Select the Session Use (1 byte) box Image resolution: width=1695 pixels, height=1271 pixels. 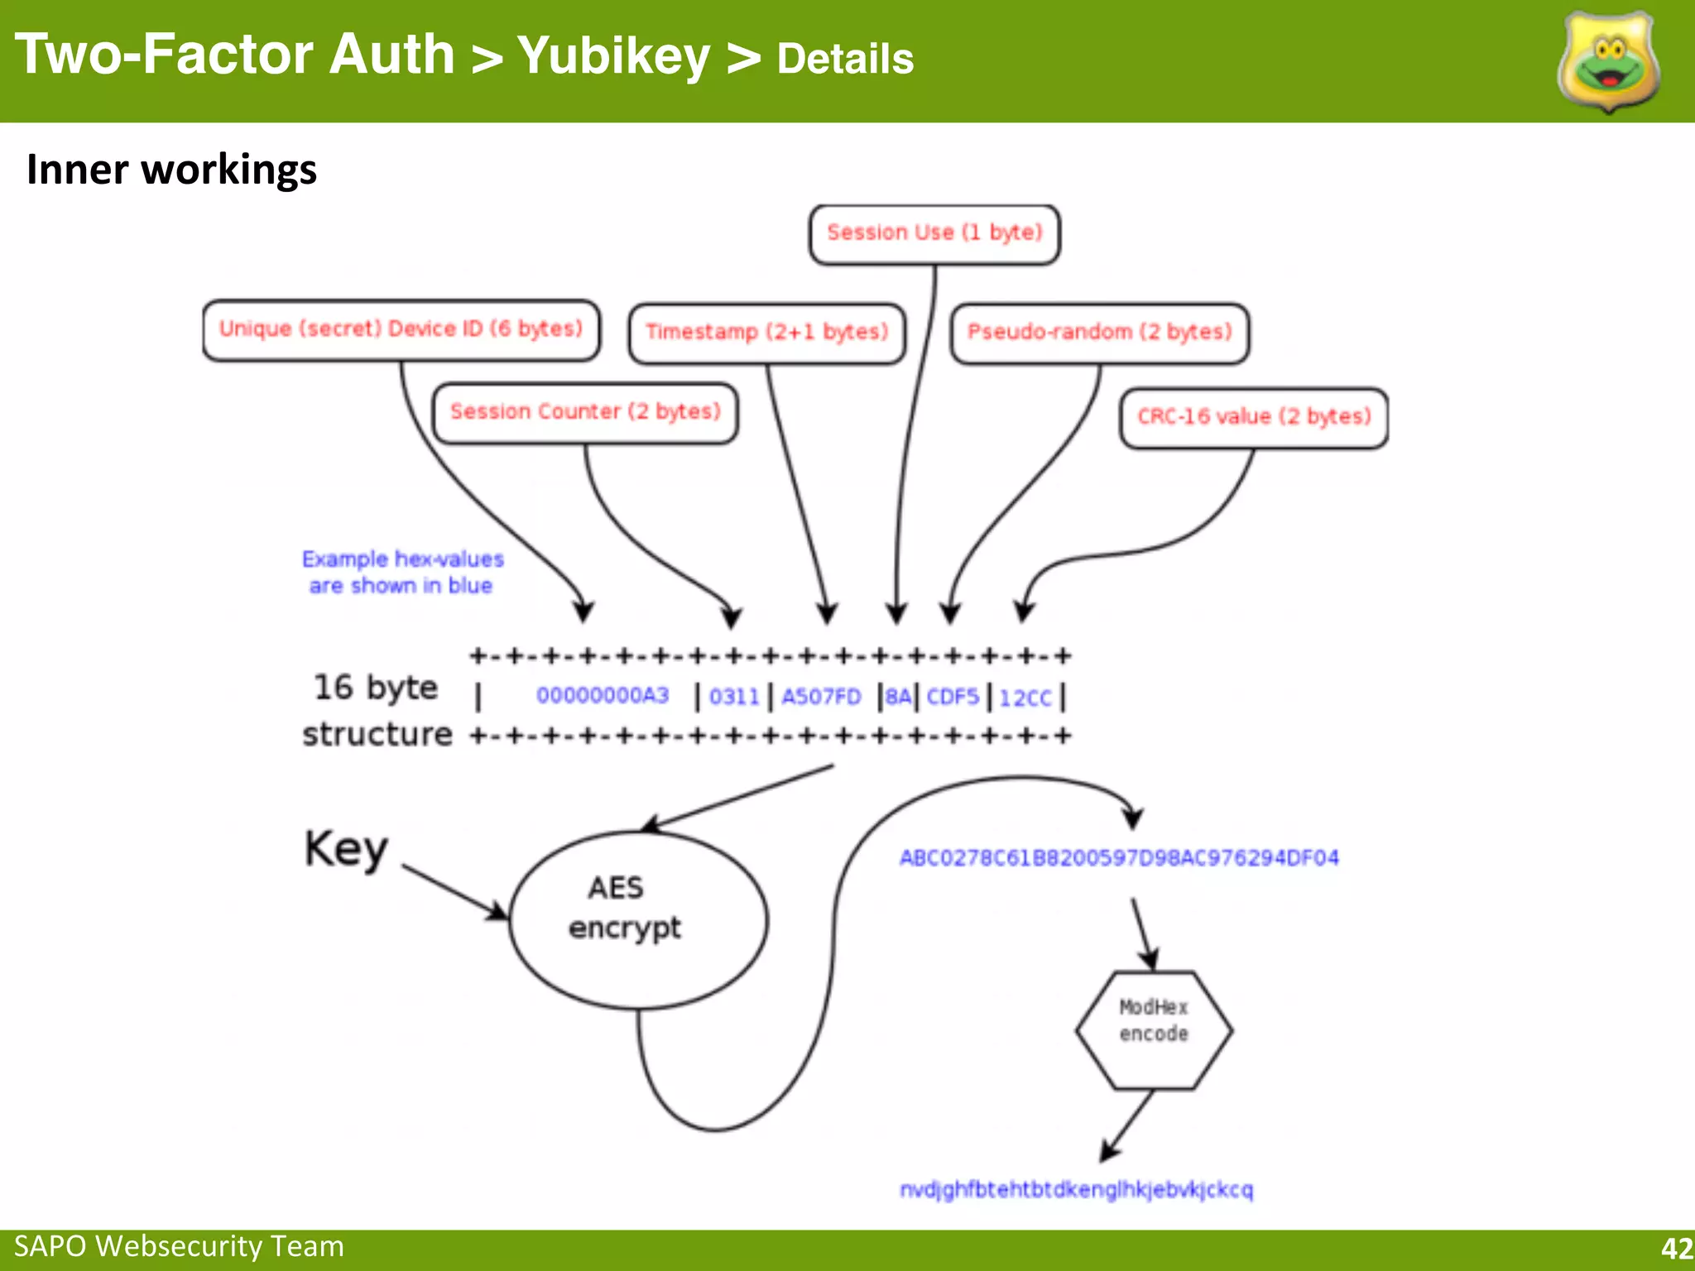click(934, 234)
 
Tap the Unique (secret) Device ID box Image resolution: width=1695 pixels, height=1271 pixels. click(401, 330)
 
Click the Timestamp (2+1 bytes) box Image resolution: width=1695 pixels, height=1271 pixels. click(767, 333)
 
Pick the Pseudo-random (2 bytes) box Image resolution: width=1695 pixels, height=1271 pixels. click(1100, 333)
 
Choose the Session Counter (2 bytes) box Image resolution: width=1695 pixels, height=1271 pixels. click(585, 412)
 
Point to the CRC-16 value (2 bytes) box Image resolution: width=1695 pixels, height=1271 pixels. click(1254, 417)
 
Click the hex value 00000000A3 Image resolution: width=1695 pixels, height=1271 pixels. click(603, 696)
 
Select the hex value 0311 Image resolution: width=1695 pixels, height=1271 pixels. click(734, 697)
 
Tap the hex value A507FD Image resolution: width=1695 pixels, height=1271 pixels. click(822, 697)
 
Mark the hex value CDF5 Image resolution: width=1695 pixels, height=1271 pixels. click(953, 697)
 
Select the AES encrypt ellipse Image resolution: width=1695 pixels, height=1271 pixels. click(638, 919)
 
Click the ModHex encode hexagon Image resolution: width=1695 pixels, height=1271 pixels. click(1154, 1030)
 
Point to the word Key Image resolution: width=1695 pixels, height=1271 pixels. click(346, 849)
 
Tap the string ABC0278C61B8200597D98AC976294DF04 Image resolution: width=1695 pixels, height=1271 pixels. click(1119, 858)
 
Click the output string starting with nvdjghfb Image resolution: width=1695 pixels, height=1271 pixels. click(1077, 1190)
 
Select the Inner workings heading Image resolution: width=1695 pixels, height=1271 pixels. click(171, 170)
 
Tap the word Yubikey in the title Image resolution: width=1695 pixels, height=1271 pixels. click(613, 56)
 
